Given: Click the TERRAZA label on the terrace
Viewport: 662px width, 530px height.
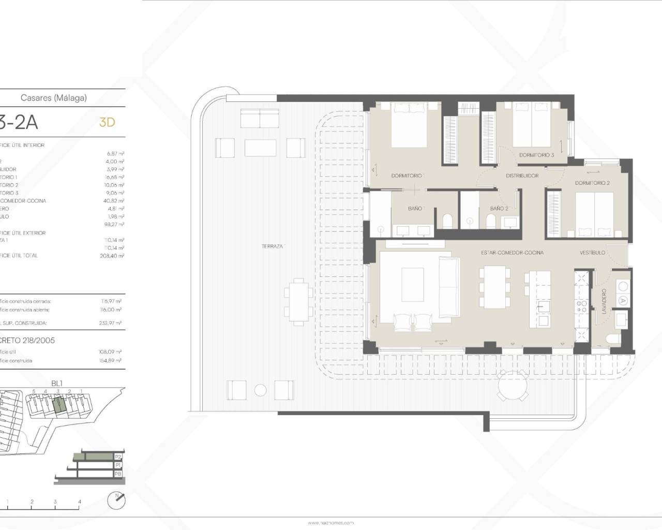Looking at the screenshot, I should click(x=273, y=246).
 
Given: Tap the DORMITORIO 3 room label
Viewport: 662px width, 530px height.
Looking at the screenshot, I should click(x=536, y=155).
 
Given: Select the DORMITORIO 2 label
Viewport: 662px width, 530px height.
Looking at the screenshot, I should click(x=592, y=183).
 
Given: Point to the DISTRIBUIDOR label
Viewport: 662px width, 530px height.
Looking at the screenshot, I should click(x=523, y=176).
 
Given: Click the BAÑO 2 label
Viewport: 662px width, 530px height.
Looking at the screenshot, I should click(x=499, y=209).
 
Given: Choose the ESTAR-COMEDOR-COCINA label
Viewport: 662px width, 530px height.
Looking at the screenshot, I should click(x=512, y=253).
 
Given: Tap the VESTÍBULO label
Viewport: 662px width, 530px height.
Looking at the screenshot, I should click(x=592, y=253).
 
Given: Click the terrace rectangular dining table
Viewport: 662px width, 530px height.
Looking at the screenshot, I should click(x=297, y=301).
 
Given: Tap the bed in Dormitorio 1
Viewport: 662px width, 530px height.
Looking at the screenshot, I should click(x=409, y=124).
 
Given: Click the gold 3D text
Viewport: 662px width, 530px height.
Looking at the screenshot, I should click(x=107, y=122).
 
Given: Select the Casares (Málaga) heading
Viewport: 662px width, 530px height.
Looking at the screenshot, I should click(x=53, y=97).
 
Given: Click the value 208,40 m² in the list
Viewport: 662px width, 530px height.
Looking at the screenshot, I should click(x=111, y=256).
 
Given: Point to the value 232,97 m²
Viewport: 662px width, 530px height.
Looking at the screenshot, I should click(x=111, y=323).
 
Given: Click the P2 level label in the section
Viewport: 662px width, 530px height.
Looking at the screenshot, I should click(x=118, y=457).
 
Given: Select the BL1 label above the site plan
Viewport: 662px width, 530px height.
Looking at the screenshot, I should click(x=57, y=384).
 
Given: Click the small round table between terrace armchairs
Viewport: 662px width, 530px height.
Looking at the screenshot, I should click(x=261, y=390).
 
